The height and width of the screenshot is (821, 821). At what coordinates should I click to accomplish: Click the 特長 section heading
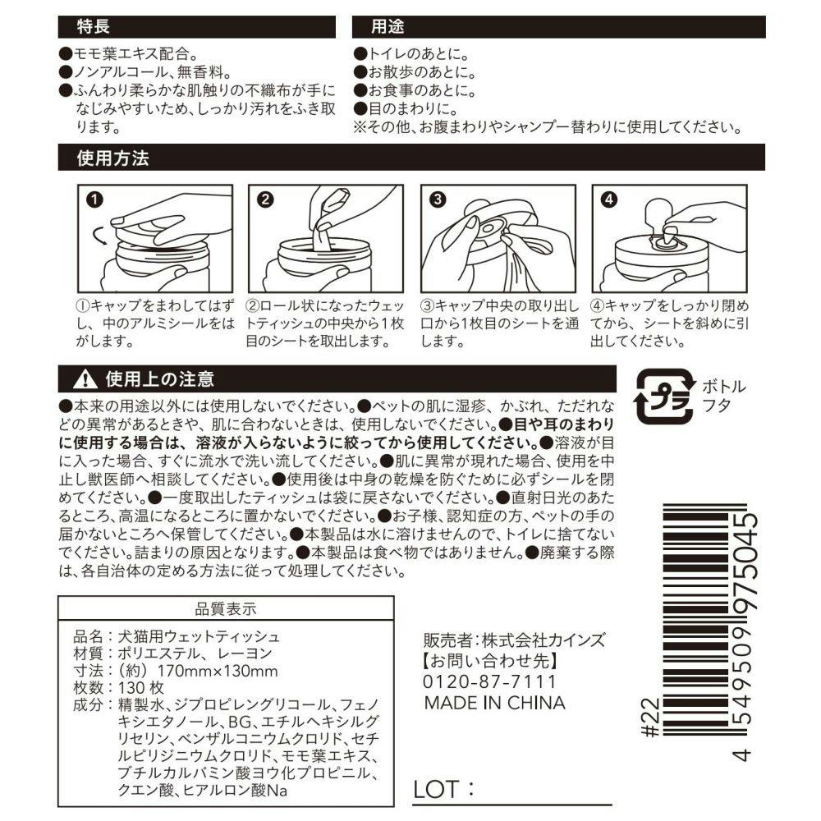click(x=94, y=27)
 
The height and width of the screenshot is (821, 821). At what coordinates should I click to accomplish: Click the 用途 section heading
click(x=388, y=27)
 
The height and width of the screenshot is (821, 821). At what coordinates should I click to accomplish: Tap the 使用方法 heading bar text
click(x=113, y=158)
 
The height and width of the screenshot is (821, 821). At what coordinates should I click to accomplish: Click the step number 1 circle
click(x=94, y=200)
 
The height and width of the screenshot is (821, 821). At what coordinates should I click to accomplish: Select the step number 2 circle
click(x=265, y=200)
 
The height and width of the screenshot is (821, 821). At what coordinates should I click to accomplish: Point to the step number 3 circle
click(x=438, y=200)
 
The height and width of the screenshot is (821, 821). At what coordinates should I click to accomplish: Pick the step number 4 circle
click(x=609, y=200)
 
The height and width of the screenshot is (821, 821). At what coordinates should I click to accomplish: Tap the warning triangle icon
click(x=85, y=379)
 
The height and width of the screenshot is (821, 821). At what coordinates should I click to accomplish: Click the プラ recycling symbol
click(x=665, y=397)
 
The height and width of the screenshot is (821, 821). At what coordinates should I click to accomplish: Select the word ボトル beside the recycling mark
click(x=724, y=387)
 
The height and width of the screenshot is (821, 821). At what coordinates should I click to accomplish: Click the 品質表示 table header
click(x=226, y=609)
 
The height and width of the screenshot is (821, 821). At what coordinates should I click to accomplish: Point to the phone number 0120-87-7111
click(x=489, y=681)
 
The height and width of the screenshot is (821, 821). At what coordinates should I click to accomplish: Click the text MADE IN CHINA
click(x=495, y=703)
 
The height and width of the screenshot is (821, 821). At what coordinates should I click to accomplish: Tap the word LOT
click(x=436, y=789)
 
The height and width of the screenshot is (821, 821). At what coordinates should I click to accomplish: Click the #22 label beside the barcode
click(x=650, y=717)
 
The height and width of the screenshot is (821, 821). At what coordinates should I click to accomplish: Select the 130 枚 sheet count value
click(x=141, y=688)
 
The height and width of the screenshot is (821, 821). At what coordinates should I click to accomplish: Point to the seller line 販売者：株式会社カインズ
click(x=514, y=640)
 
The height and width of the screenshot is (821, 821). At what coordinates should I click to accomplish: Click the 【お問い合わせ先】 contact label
click(x=491, y=661)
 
